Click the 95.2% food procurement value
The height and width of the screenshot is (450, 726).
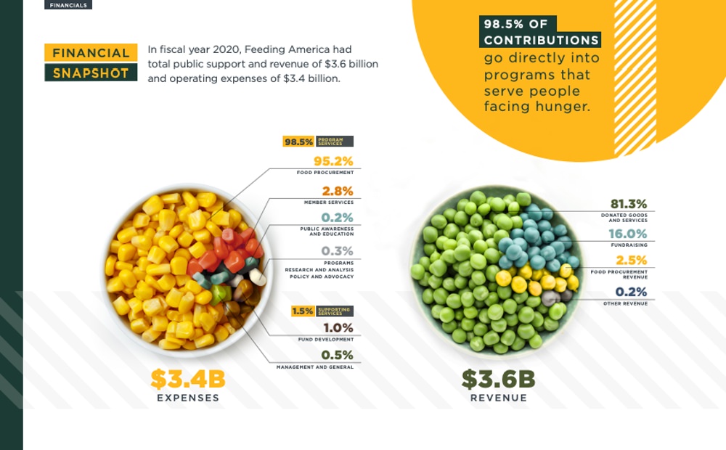(x=333, y=161)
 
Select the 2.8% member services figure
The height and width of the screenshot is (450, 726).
(x=337, y=191)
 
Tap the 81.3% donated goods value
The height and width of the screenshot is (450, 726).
(x=629, y=204)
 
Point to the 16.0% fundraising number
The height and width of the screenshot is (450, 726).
(x=629, y=234)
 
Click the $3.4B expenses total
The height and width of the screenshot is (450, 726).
(x=188, y=379)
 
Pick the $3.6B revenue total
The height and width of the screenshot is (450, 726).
(x=498, y=379)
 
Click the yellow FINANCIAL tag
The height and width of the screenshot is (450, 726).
(x=91, y=53)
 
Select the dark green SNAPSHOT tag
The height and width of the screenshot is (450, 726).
(x=91, y=73)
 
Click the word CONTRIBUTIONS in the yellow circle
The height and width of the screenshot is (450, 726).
(x=542, y=40)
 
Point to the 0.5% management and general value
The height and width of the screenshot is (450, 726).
(x=337, y=355)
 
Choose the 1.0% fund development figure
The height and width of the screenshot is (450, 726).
(x=338, y=327)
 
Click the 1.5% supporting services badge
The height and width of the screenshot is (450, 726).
(x=303, y=311)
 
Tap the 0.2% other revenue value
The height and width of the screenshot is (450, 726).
(x=631, y=292)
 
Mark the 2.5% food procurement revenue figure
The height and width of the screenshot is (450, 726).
(x=631, y=261)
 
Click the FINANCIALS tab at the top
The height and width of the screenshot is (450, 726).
(x=68, y=4)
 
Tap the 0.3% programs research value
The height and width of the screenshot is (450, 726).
(x=337, y=251)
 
